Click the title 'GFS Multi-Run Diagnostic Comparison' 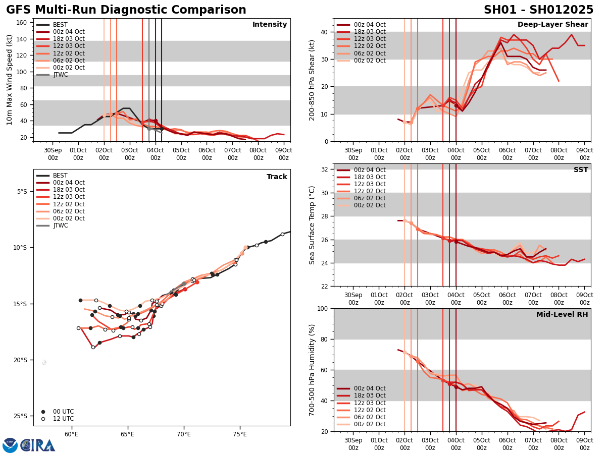[126, 10]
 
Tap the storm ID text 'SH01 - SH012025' [538, 10]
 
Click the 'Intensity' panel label [270, 25]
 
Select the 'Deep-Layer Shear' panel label [552, 25]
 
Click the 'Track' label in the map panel [277, 177]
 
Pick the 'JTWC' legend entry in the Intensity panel [60, 75]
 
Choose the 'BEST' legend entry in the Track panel [60, 176]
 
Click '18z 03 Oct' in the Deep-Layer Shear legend [370, 32]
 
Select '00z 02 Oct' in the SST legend [370, 205]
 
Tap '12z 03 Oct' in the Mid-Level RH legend [370, 403]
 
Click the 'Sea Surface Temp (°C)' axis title [313, 225]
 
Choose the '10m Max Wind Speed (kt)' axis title [10, 80]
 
